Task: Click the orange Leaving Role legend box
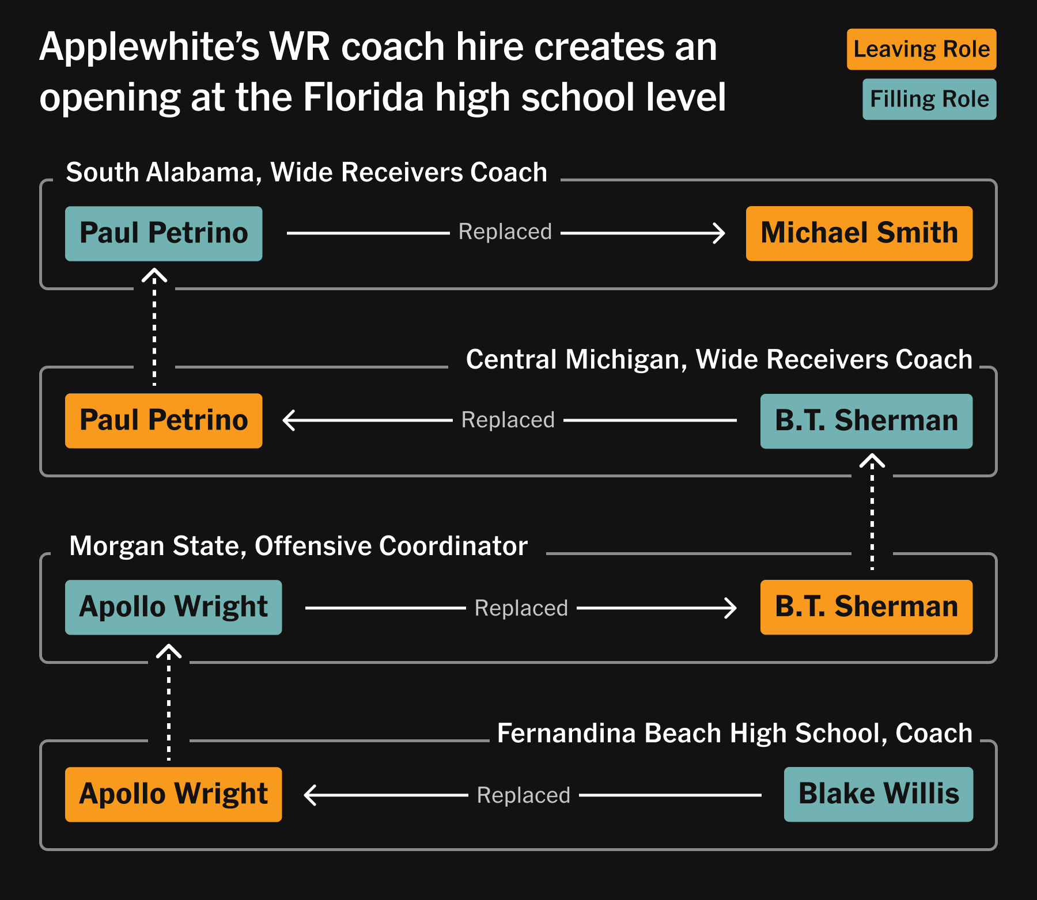point(921,50)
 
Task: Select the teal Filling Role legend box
point(929,99)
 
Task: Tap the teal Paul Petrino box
point(164,234)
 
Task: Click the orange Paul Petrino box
point(164,421)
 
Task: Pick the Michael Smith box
point(859,234)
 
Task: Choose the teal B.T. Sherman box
point(866,421)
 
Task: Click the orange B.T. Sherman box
point(866,607)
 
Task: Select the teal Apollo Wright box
point(173,607)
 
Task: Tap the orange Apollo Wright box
point(173,795)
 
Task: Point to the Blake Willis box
point(878,795)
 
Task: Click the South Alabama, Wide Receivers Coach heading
point(306,172)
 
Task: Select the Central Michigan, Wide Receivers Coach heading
point(718,359)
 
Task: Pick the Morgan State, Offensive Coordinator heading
point(298,546)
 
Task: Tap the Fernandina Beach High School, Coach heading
point(735,733)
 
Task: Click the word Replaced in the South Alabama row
point(505,232)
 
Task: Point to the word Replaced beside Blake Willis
point(523,795)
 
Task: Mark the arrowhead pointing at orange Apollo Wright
point(311,795)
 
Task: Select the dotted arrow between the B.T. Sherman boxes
point(872,512)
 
